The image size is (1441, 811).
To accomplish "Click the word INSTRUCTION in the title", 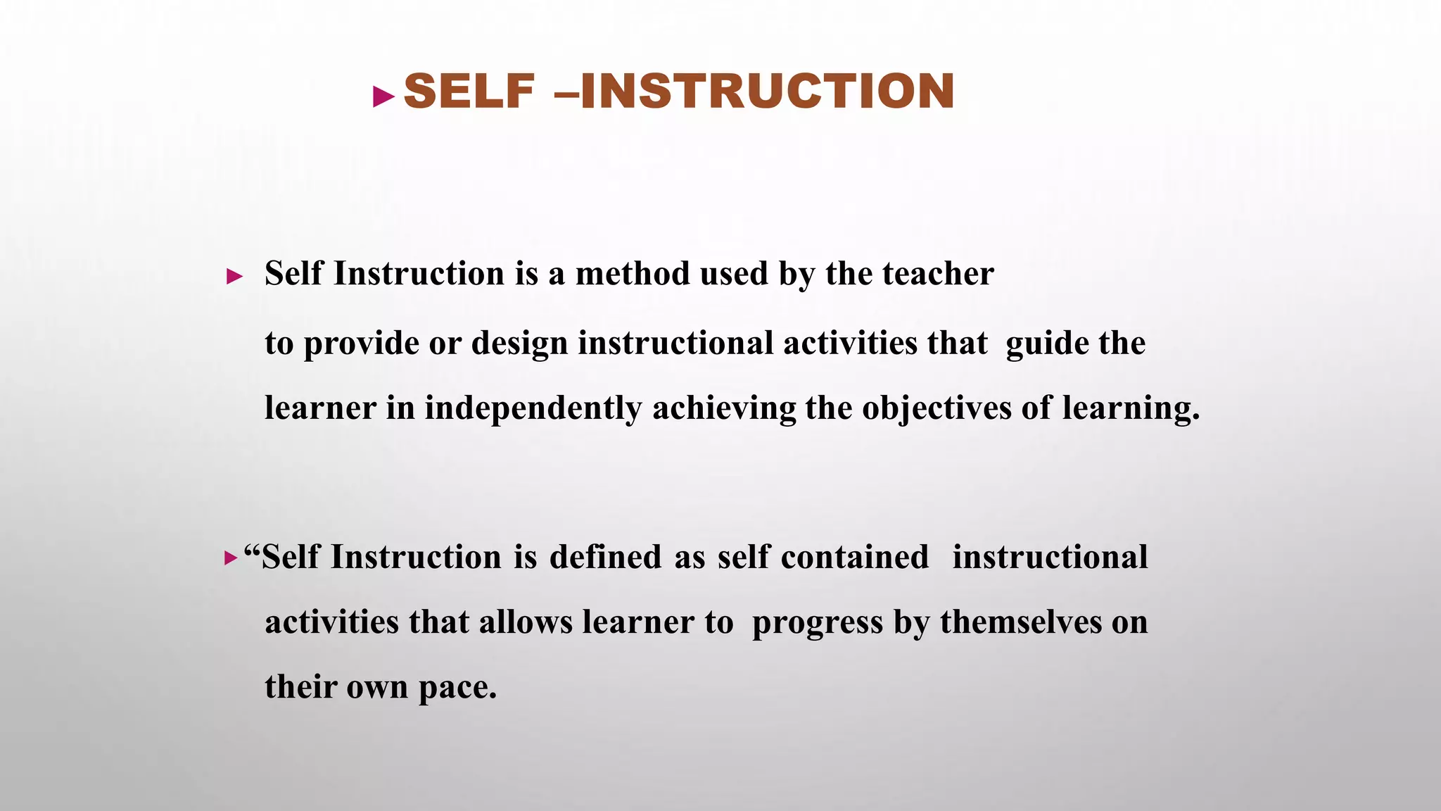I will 768,92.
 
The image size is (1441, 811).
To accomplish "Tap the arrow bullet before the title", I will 383,96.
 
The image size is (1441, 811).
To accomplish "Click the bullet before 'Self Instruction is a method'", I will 234,277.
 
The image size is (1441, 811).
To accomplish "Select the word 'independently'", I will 533,408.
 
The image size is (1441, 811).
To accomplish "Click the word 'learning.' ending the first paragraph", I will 1130,408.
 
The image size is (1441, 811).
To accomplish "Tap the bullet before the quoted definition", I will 231,559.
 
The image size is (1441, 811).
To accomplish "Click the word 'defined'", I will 605,557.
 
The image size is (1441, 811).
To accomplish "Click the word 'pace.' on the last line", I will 457,687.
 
